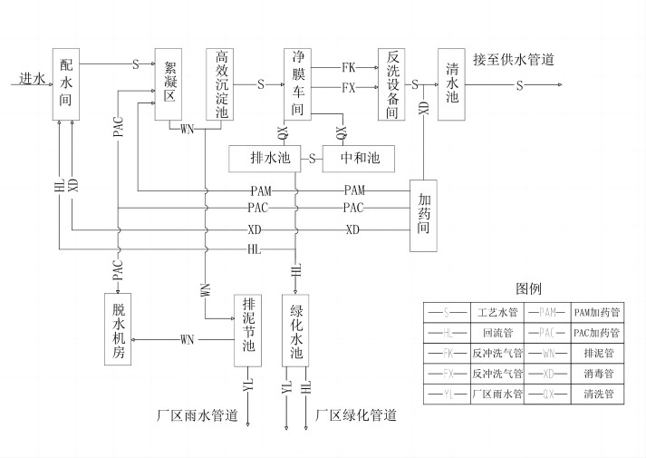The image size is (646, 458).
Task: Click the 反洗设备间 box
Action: pyautogui.click(x=391, y=83)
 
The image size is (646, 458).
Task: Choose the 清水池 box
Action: pyautogui.click(x=452, y=83)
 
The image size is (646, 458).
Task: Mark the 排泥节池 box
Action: pyautogui.click(x=248, y=328)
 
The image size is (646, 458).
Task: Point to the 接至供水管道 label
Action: pyautogui.click(x=513, y=59)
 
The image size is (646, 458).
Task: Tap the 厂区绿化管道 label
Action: pyautogui.click(x=356, y=415)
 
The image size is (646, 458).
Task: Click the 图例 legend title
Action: pyautogui.click(x=528, y=288)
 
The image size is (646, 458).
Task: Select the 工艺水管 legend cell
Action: pyautogui.click(x=497, y=312)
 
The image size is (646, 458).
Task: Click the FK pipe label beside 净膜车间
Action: pyautogui.click(x=348, y=68)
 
